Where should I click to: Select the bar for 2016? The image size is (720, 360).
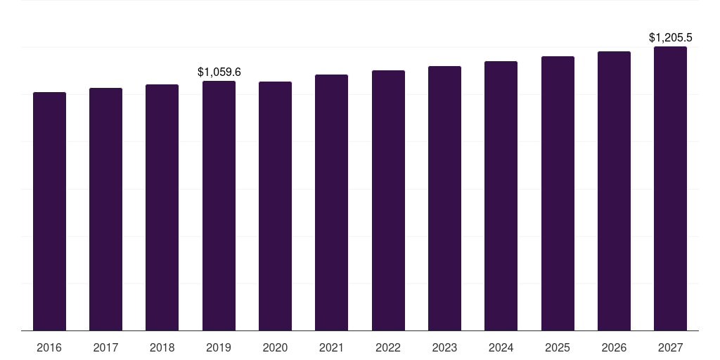pyautogui.click(x=50, y=211)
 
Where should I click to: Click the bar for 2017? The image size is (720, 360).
pyautogui.click(x=105, y=210)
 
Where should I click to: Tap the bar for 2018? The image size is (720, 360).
pyautogui.click(x=162, y=207)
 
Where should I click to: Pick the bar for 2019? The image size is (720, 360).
pyautogui.click(x=219, y=206)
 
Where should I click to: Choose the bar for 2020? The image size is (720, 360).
pyautogui.click(x=275, y=206)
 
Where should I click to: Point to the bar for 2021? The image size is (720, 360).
pyautogui.click(x=332, y=202)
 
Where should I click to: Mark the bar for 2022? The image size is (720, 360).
pyautogui.click(x=388, y=200)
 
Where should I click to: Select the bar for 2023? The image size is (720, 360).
pyautogui.click(x=444, y=198)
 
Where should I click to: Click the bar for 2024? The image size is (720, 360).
pyautogui.click(x=501, y=196)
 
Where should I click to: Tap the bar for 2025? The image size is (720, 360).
pyautogui.click(x=558, y=193)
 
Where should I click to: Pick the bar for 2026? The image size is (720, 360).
pyautogui.click(x=614, y=191)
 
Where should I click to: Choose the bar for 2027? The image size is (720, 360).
pyautogui.click(x=670, y=188)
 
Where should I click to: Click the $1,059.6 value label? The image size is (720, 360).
pyautogui.click(x=219, y=72)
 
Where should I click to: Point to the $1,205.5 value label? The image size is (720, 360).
pyautogui.click(x=670, y=38)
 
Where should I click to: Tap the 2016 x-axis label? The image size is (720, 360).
pyautogui.click(x=49, y=347)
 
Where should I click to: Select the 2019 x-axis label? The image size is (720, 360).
pyautogui.click(x=219, y=347)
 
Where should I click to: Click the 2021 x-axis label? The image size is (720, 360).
pyautogui.click(x=332, y=347)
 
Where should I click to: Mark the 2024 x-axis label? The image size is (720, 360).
pyautogui.click(x=501, y=347)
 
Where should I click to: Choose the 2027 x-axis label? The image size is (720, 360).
pyautogui.click(x=670, y=347)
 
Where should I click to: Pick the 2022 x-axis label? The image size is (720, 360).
pyautogui.click(x=388, y=347)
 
